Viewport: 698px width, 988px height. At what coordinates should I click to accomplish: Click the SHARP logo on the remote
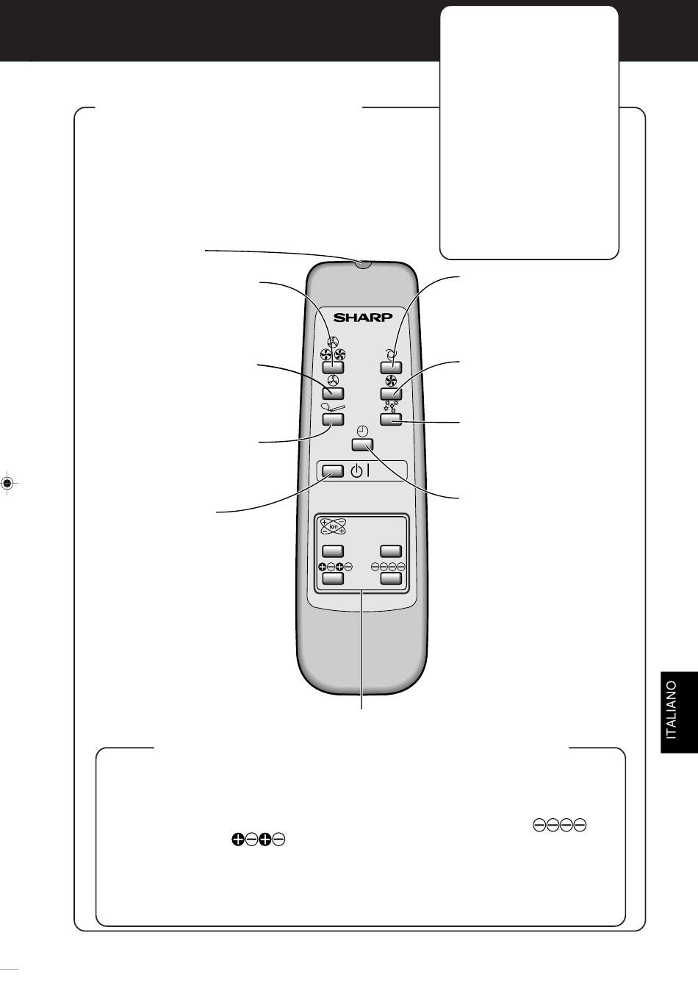362,317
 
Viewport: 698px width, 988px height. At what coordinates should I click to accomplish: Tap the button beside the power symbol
333,471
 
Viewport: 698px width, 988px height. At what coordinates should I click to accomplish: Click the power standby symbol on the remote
360,471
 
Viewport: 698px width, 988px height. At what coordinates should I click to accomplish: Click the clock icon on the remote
362,431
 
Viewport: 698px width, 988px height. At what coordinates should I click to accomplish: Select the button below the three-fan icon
333,368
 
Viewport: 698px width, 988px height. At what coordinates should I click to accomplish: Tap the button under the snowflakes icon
391,419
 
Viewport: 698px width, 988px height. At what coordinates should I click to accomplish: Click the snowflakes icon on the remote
391,407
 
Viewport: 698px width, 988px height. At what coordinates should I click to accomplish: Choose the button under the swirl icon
391,368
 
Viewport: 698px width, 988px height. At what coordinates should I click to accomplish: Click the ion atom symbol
333,526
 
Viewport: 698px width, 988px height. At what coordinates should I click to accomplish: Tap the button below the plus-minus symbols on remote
333,579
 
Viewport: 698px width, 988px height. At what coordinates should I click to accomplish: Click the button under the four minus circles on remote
391,579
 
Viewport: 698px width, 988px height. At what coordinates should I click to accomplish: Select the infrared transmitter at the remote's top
362,264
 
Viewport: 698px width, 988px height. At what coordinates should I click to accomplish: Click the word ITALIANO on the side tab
671,709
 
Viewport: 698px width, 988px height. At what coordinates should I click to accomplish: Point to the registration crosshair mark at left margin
7,484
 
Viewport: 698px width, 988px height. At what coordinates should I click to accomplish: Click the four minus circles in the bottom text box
560,825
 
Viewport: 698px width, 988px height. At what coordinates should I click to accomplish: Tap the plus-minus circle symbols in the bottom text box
258,840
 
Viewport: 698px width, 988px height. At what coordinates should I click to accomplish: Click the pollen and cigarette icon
333,407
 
